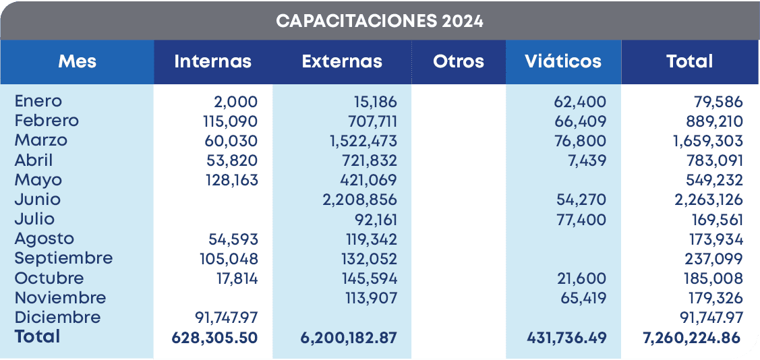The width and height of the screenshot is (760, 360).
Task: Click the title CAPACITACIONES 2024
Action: coord(380,21)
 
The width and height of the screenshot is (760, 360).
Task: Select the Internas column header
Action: coord(212,61)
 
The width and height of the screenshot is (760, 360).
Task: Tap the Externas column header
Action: coord(342,61)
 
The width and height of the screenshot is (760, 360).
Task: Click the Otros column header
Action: coord(459,61)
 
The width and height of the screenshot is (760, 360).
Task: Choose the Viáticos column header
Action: coord(563,61)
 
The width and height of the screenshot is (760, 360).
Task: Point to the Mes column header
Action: coord(77,61)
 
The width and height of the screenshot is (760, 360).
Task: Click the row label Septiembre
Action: coord(63,258)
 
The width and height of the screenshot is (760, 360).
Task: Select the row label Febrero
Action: coord(47,121)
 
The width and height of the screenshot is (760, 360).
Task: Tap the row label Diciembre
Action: coord(57,318)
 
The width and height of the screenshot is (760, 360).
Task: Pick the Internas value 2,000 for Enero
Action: coord(236,102)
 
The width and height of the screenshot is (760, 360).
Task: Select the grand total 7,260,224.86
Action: coord(692,337)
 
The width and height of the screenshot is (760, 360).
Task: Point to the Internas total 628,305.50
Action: coord(215,337)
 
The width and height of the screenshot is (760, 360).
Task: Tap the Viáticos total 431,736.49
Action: coord(566,337)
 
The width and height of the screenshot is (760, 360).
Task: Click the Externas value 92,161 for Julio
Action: coord(376,219)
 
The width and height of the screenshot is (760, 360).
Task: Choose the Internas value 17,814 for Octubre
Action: coord(235,278)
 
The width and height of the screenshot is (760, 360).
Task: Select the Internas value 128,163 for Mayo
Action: coord(231,180)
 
